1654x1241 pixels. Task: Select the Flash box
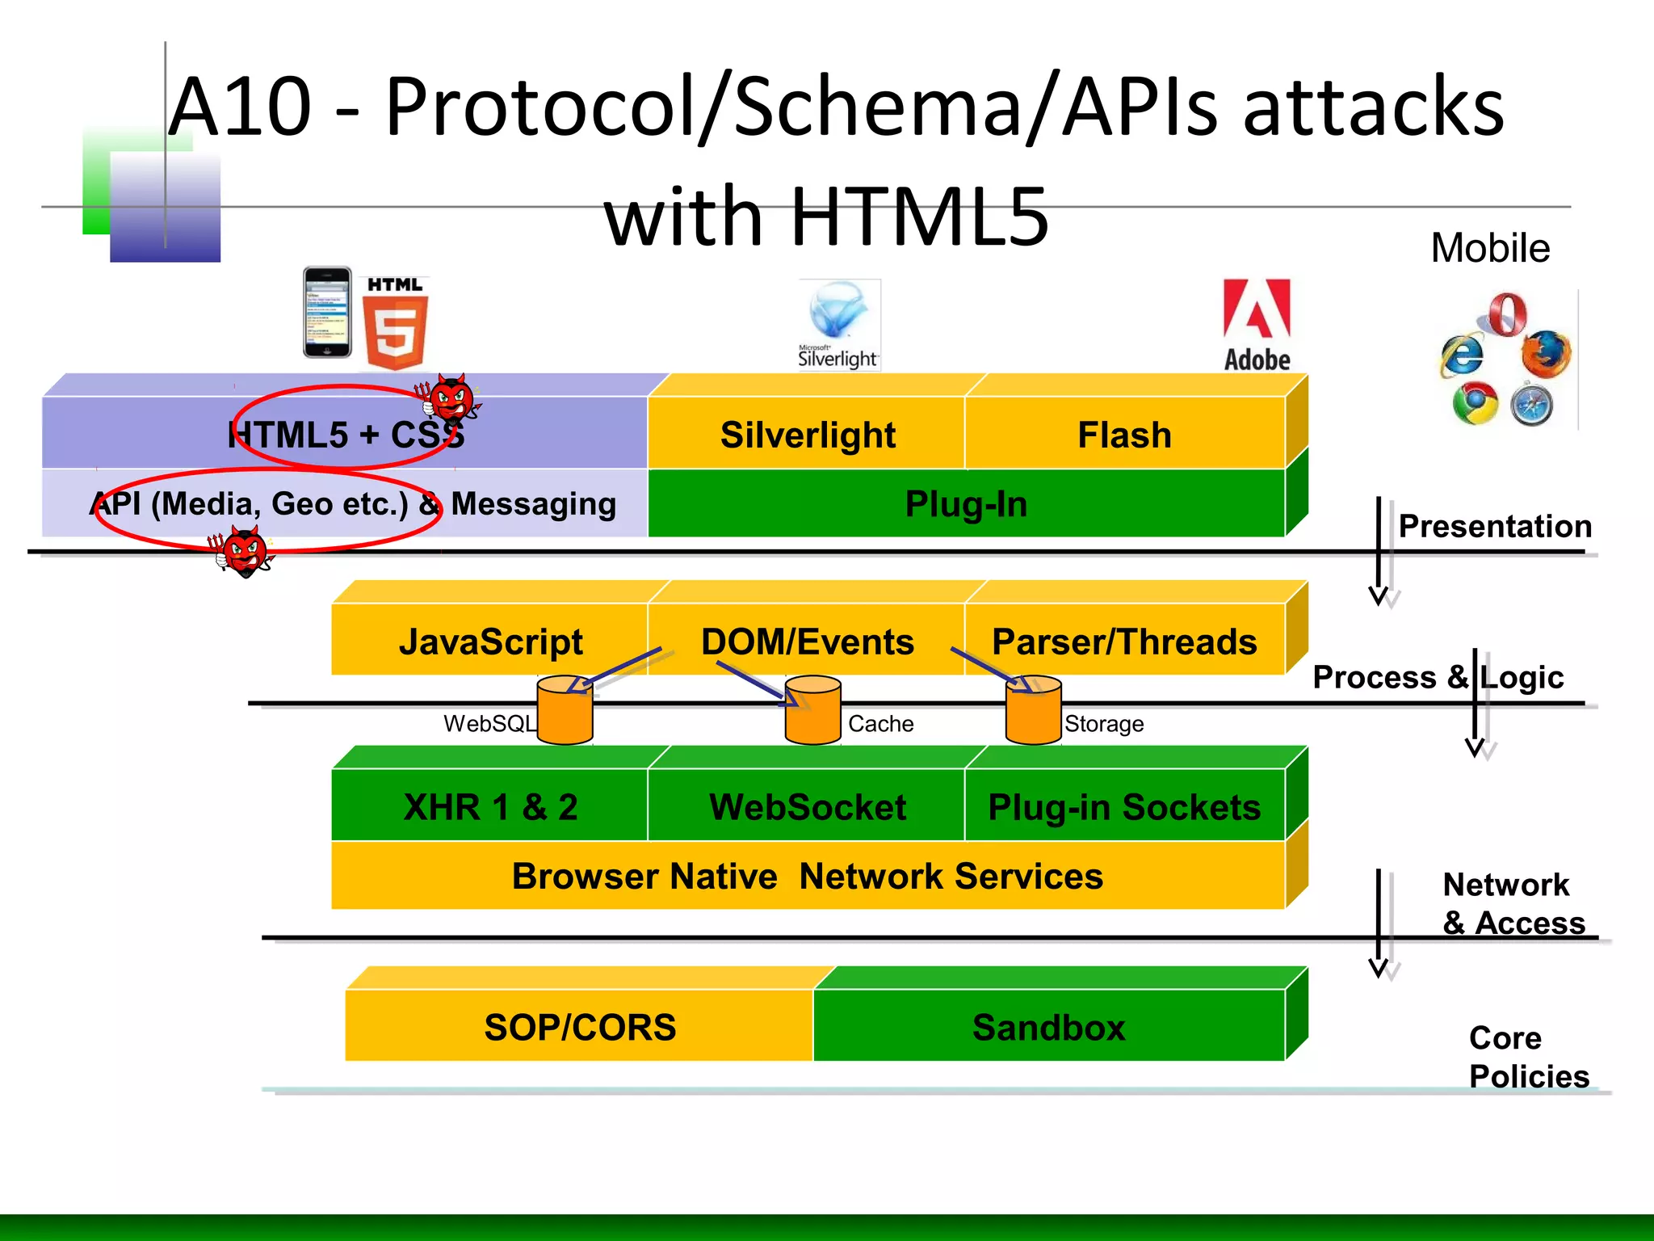tap(1124, 434)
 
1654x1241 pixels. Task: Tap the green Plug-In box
tap(966, 503)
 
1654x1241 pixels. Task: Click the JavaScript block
tap(490, 641)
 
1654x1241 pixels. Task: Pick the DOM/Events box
tap(808, 641)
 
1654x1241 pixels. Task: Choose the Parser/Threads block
tap(1124, 641)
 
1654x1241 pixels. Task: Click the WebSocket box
tap(808, 806)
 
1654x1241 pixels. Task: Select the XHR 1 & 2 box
tap(490, 806)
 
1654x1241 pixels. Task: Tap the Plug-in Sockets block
tap(1124, 806)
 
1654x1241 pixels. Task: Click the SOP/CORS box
tap(579, 1026)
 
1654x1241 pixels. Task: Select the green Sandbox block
tap(1048, 1026)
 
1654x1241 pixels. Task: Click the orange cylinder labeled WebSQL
tap(565, 711)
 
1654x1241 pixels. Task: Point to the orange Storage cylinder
tap(1033, 711)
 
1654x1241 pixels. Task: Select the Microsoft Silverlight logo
tap(838, 323)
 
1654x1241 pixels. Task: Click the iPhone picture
tap(327, 313)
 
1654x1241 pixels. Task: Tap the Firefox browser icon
tap(1545, 354)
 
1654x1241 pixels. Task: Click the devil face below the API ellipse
tap(245, 551)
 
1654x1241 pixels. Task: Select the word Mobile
tap(1490, 248)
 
